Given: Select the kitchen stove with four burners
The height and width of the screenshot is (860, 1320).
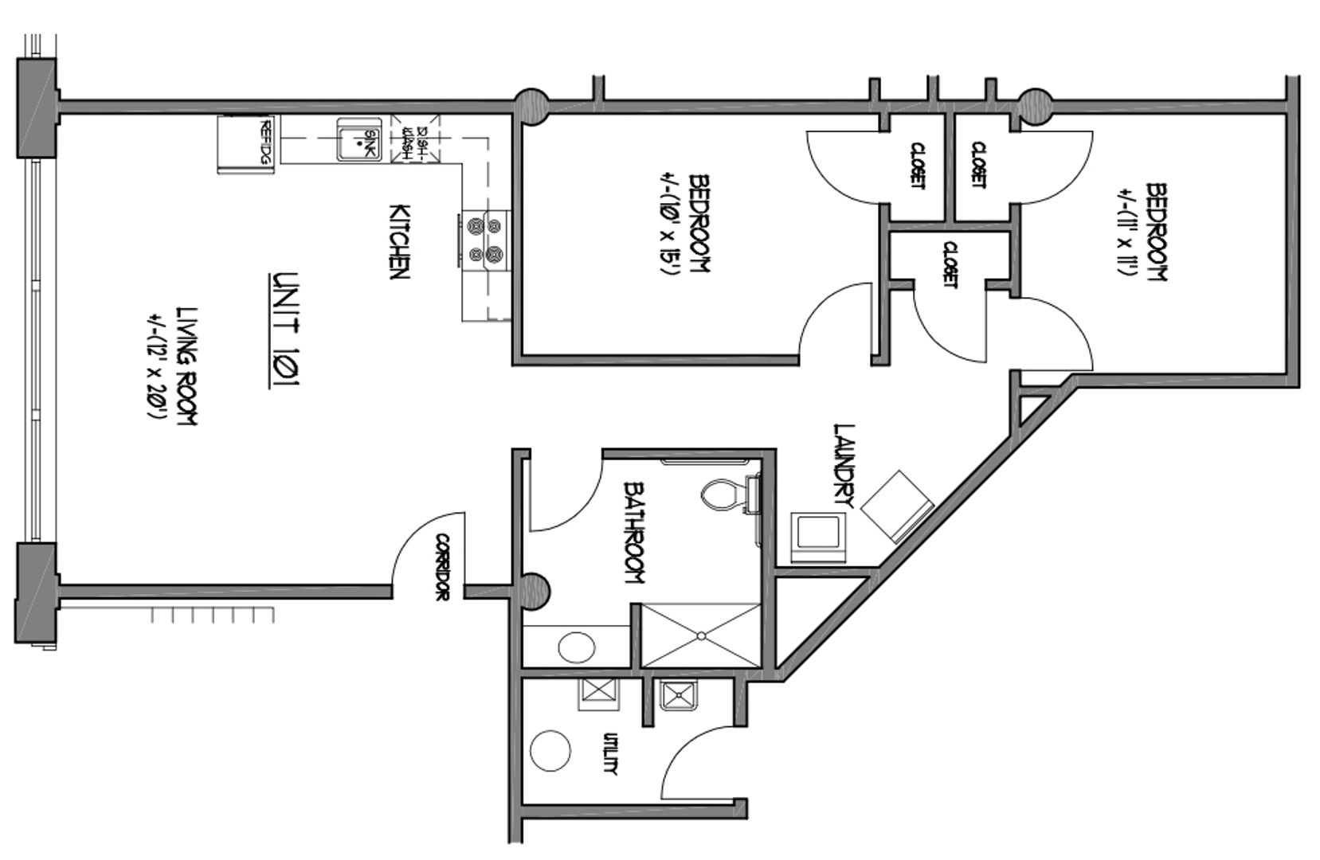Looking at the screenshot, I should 485,240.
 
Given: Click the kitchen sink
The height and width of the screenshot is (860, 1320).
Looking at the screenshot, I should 358,139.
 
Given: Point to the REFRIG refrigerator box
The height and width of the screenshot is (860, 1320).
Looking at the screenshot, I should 246,144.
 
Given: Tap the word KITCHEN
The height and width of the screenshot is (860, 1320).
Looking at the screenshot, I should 398,242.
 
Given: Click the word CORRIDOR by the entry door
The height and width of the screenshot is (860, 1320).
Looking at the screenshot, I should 442,567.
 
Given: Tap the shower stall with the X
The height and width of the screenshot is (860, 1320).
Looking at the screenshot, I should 700,635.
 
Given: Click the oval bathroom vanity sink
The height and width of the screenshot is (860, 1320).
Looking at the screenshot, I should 578,646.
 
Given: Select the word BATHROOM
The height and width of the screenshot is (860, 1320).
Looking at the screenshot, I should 634,531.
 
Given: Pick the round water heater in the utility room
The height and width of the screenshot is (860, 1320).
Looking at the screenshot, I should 550,751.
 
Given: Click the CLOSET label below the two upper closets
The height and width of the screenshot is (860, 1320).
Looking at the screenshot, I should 949,264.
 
